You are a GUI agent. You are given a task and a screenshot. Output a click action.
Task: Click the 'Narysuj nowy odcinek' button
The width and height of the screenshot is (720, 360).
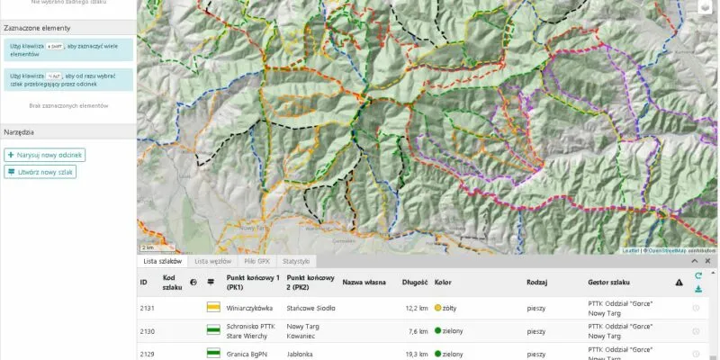tap(45, 155)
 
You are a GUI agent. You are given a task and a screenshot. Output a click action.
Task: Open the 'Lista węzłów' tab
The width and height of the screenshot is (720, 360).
tap(213, 261)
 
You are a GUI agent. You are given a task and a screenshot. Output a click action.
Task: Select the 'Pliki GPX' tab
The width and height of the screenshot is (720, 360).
tap(256, 261)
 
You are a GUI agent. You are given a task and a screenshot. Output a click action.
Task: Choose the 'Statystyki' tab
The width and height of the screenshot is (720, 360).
tap(297, 261)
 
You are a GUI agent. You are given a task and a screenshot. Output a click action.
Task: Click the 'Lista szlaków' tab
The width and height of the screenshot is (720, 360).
tap(163, 261)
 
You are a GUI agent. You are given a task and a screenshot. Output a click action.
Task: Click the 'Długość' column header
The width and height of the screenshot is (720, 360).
tap(414, 282)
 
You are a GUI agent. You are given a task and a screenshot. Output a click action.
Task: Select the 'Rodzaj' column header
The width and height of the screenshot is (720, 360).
tap(537, 282)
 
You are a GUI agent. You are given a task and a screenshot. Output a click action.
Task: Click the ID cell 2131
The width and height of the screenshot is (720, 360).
tap(148, 308)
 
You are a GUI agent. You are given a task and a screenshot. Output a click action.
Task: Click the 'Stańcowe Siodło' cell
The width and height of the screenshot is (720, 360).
tap(310, 308)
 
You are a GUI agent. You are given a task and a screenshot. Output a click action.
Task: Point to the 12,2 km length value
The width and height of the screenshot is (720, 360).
tap(417, 308)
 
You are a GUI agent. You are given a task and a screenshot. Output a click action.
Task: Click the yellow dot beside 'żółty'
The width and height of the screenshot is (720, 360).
tap(438, 308)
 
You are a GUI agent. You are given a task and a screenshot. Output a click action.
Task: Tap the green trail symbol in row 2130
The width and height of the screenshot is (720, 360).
tap(213, 330)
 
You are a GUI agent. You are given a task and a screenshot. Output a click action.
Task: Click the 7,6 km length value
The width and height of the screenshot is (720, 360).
tap(418, 330)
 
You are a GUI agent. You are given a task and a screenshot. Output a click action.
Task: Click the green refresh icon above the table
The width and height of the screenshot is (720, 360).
tap(698, 275)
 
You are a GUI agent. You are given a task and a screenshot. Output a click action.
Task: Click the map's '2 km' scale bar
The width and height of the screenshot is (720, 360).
tap(148, 247)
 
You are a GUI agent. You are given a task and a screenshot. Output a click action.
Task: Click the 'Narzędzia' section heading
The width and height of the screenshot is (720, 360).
tap(19, 131)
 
